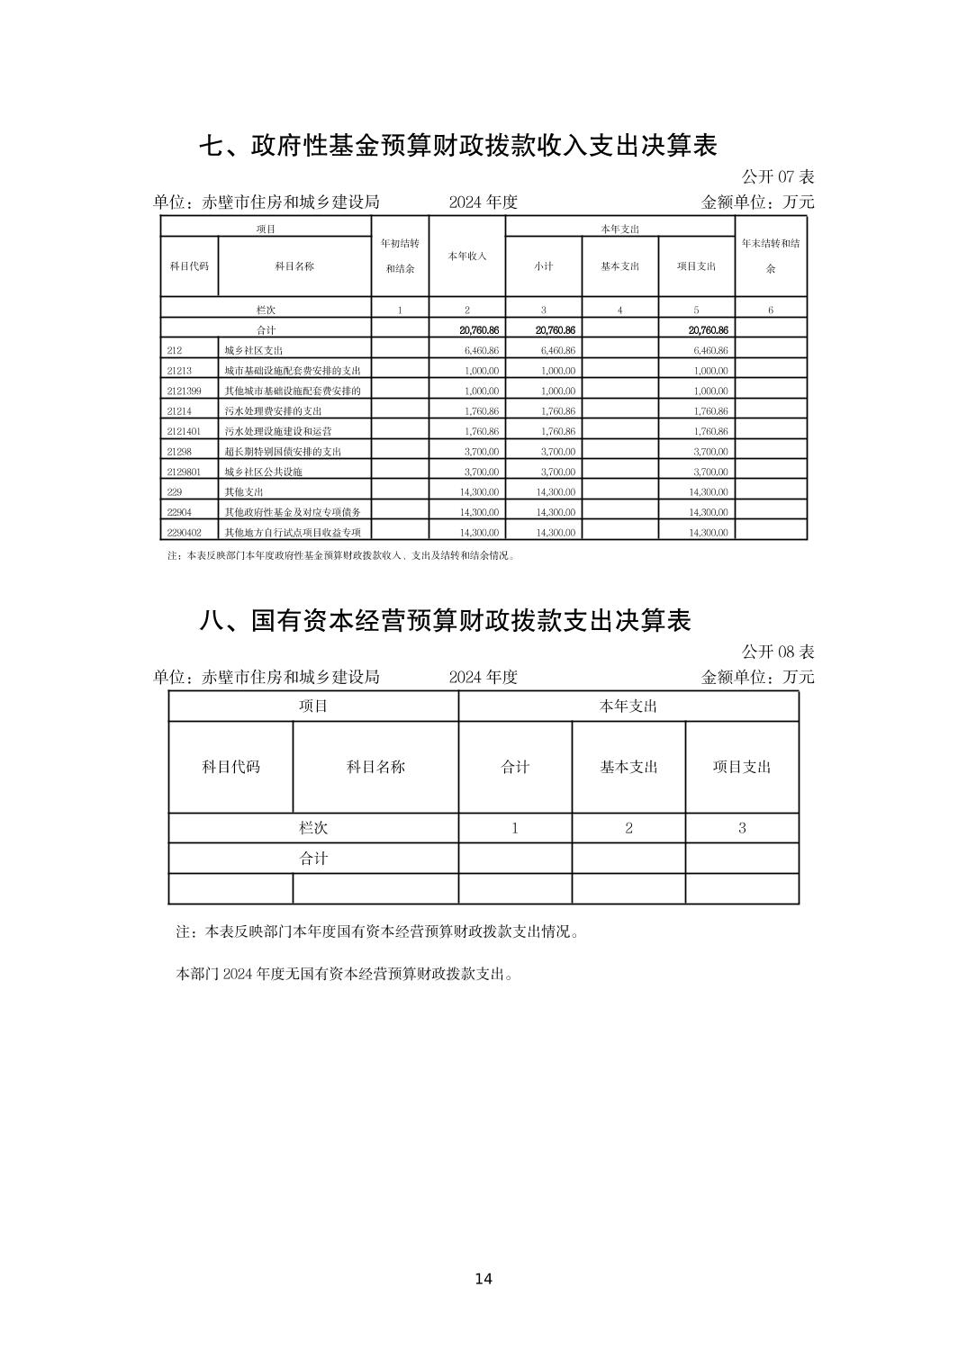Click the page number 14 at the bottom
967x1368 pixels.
click(483, 1279)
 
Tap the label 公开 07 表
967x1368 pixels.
click(777, 177)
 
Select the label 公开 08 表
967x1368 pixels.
click(777, 652)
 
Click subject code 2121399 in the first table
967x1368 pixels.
click(184, 391)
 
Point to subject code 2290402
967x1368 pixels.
click(184, 532)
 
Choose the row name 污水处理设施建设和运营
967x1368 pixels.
click(284, 431)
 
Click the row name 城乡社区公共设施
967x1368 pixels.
click(263, 472)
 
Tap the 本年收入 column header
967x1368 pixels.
click(466, 256)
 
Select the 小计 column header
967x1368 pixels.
click(543, 266)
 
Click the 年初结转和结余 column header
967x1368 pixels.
click(400, 256)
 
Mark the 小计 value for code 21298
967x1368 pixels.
click(557, 452)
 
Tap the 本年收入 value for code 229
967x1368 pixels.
click(479, 492)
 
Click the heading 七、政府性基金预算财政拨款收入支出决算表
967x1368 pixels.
click(457, 146)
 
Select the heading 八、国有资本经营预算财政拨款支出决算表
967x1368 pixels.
click(445, 620)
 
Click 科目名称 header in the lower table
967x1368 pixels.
click(375, 767)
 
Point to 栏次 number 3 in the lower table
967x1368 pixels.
click(742, 828)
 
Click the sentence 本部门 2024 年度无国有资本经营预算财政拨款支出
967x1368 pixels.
click(345, 974)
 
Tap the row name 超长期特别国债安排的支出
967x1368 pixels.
click(283, 452)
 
